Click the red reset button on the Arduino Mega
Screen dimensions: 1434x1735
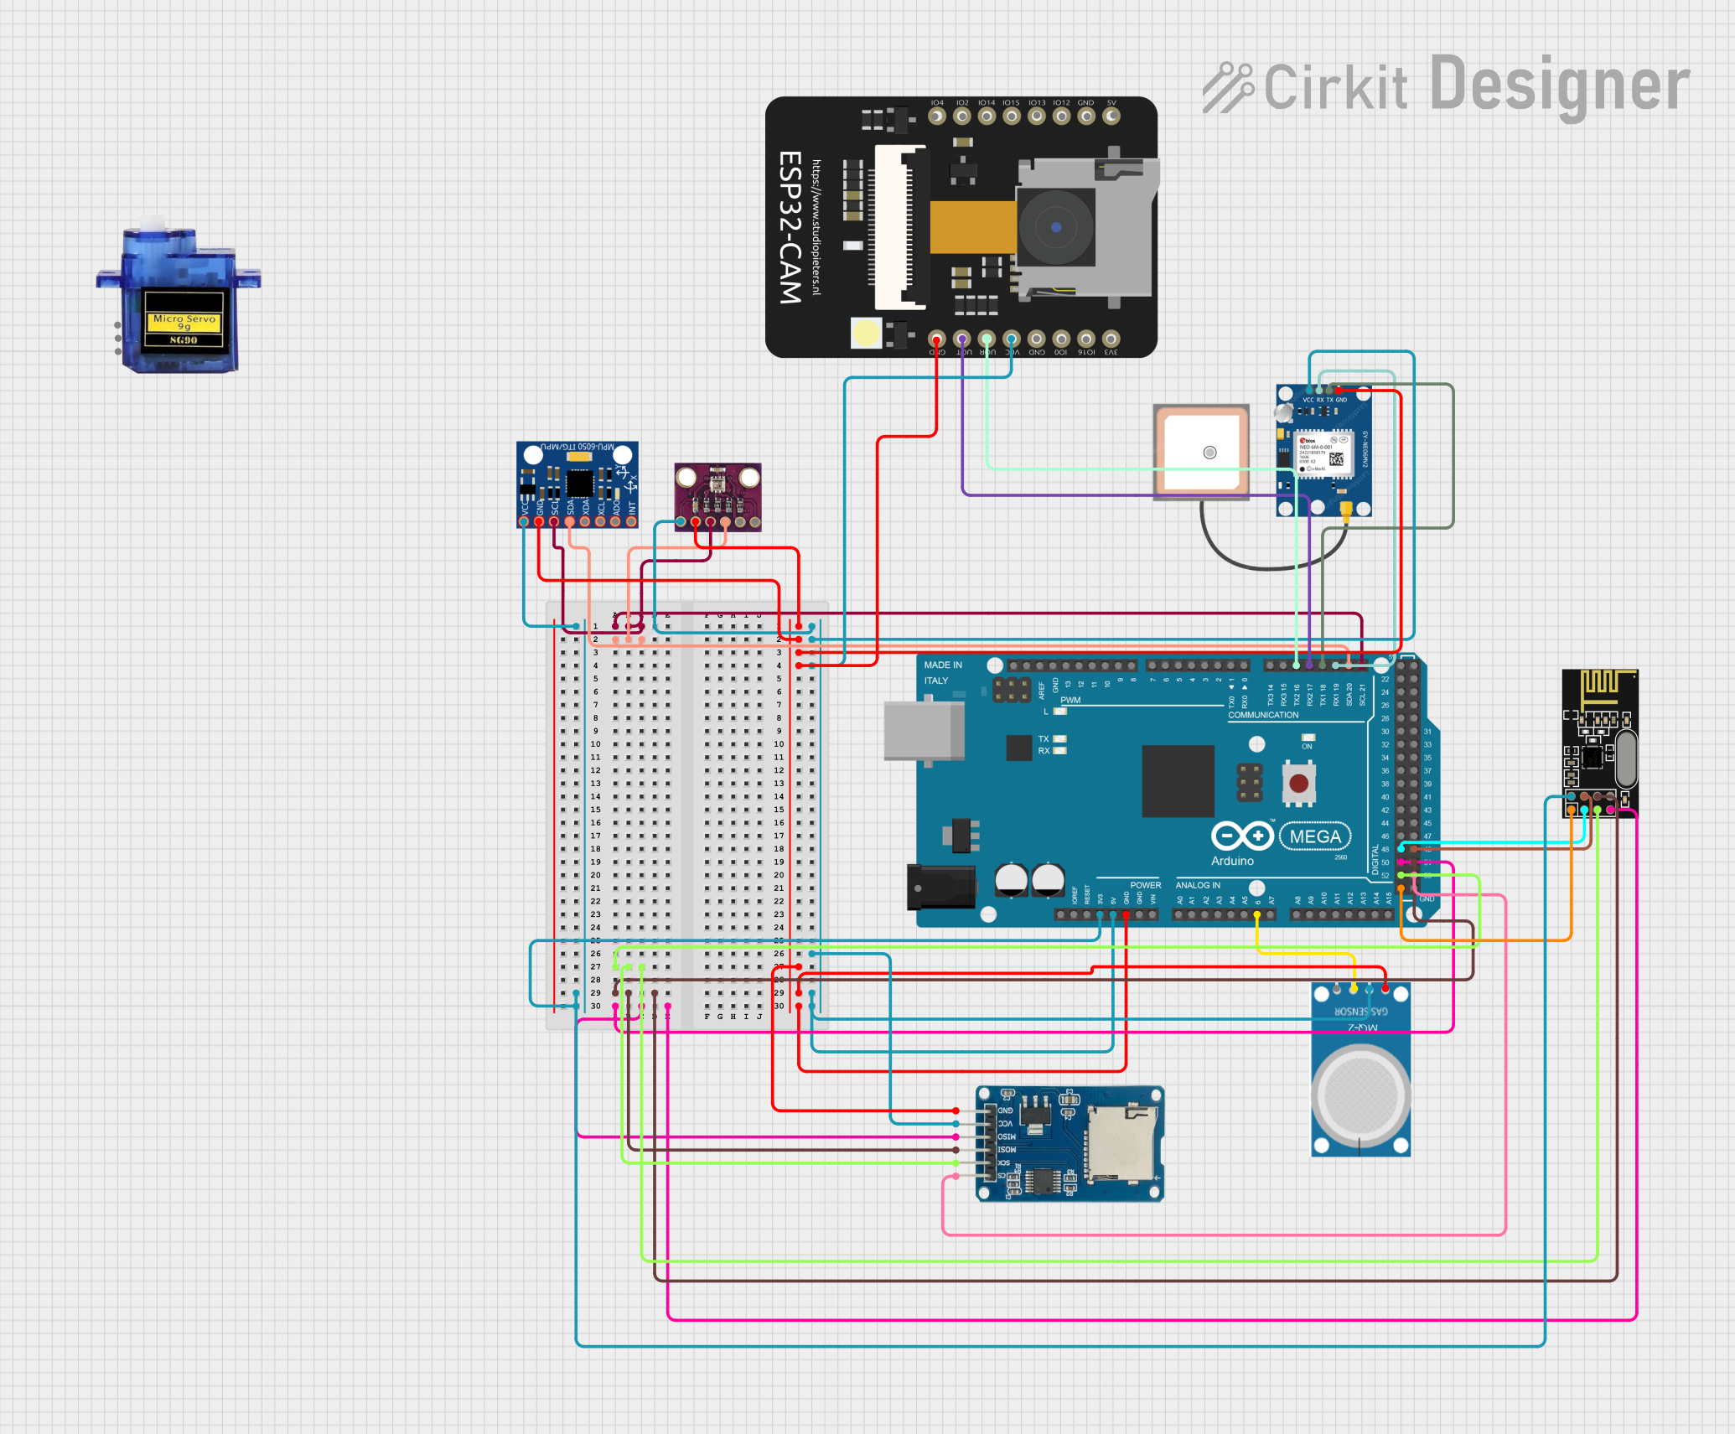1298,784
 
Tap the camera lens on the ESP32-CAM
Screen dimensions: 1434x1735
1055,226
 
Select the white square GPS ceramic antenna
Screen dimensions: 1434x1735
1201,453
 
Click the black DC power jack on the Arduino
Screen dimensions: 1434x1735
940,888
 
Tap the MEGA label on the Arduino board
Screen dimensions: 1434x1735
1314,836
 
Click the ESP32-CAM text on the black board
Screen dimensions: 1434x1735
790,226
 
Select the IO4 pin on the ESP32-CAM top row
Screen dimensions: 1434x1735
937,116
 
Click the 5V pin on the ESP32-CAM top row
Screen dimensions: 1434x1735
1111,116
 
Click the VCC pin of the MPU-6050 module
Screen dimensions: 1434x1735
524,521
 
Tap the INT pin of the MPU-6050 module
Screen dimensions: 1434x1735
631,521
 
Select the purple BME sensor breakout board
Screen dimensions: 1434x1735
718,496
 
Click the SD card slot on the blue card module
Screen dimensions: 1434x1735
1121,1143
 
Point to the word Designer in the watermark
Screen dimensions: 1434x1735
1559,85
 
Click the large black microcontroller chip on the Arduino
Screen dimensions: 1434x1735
1178,780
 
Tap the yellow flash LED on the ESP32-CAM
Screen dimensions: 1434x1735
866,333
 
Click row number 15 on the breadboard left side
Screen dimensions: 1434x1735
595,810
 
